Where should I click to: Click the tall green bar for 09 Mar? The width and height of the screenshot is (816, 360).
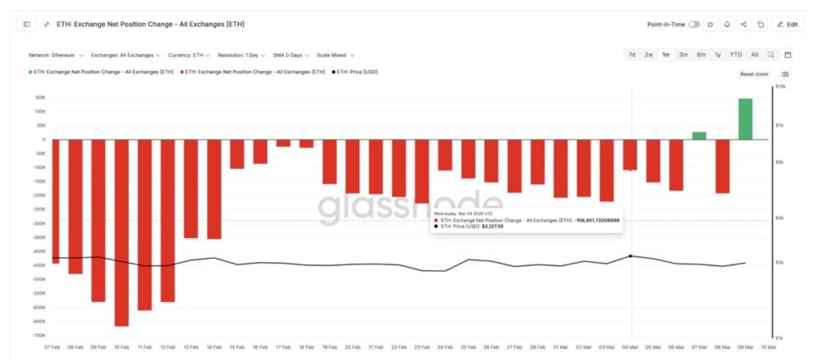[745, 119]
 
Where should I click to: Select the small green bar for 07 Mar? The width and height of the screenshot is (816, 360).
[699, 135]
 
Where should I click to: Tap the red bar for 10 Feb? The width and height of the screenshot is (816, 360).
[122, 233]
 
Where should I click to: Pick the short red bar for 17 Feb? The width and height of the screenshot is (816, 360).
[284, 143]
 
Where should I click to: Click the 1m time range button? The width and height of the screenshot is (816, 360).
[665, 55]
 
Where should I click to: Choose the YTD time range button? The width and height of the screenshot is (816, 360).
[736, 55]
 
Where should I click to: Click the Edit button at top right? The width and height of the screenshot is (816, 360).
[788, 25]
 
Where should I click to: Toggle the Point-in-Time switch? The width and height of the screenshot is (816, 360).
[694, 25]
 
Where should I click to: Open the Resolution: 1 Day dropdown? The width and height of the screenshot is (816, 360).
[241, 56]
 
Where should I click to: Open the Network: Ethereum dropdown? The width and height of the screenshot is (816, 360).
[55, 56]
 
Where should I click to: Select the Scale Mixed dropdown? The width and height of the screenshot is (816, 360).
[335, 56]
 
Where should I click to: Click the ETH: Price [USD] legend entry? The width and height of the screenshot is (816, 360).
[355, 72]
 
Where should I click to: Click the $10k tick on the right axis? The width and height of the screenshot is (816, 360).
[781, 87]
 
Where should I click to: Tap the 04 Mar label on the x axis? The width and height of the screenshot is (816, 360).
[630, 347]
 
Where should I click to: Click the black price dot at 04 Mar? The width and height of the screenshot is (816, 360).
[631, 256]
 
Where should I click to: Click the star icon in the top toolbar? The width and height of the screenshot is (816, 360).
[711, 25]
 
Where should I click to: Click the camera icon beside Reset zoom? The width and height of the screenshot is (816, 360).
[785, 74]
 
